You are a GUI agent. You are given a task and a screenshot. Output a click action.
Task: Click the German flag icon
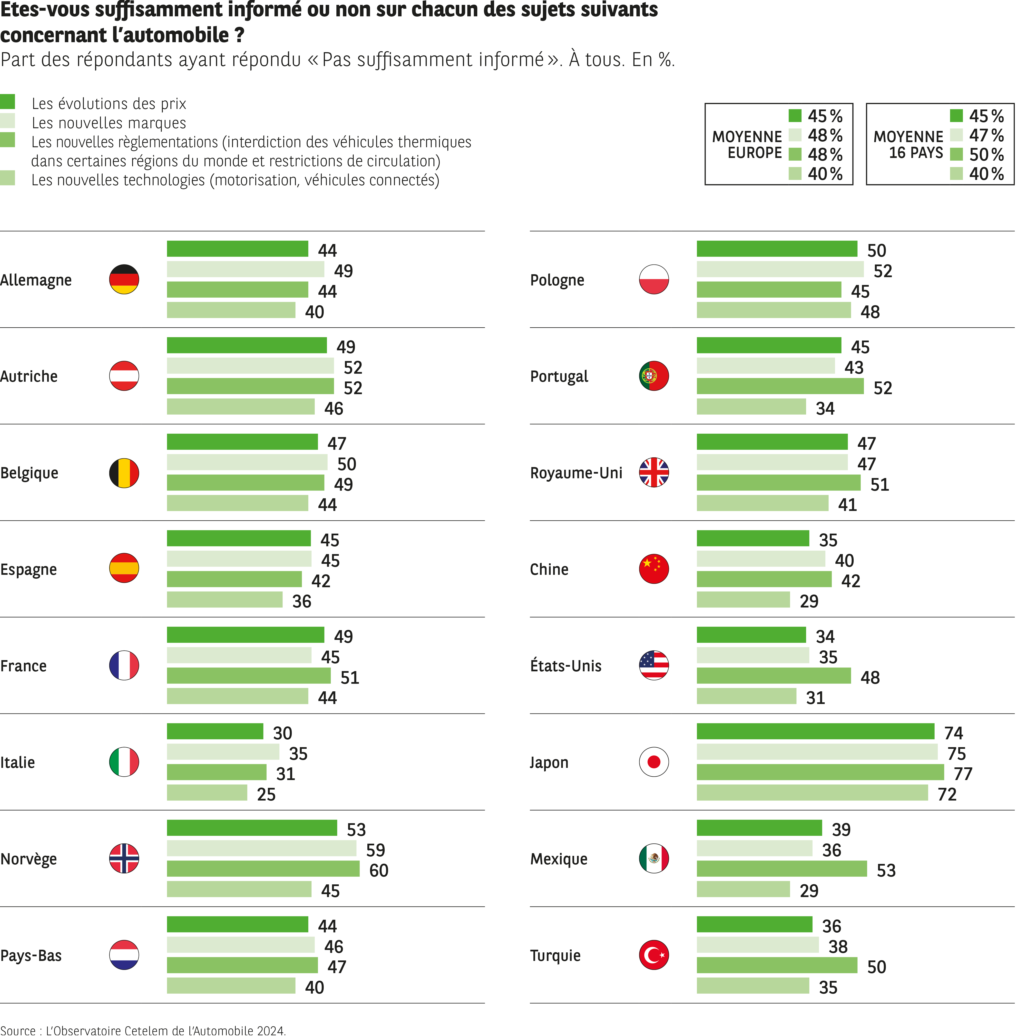click(x=124, y=279)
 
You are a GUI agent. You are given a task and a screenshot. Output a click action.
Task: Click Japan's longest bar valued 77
click(x=820, y=772)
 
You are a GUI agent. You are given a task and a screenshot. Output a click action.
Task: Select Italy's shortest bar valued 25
click(x=207, y=792)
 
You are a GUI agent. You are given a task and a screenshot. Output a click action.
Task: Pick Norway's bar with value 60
click(x=263, y=869)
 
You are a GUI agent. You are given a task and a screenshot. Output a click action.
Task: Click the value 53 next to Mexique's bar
click(x=886, y=870)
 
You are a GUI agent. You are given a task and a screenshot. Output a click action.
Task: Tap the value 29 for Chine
click(x=809, y=601)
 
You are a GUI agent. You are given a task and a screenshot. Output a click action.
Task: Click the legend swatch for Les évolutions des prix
click(x=8, y=102)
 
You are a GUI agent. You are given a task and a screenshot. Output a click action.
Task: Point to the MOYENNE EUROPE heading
click(x=747, y=145)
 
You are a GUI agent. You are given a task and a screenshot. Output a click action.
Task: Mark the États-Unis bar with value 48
click(x=773, y=676)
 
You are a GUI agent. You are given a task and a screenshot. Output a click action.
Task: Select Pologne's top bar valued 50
click(x=776, y=249)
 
